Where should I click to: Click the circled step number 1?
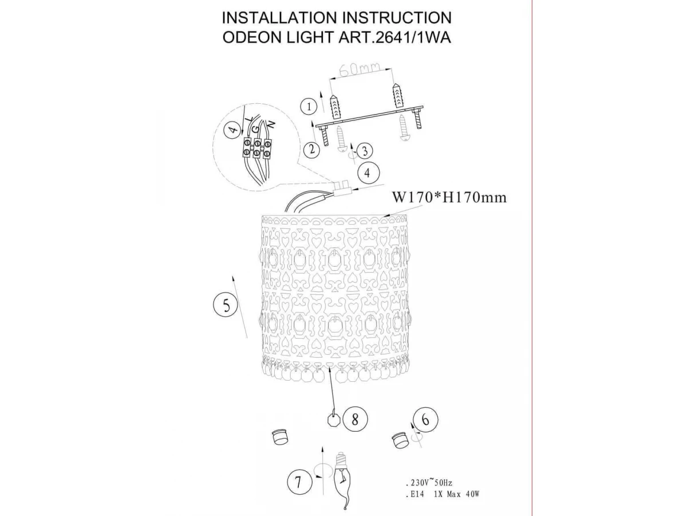point(309,107)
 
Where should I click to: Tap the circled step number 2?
point(313,149)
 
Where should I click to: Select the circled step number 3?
point(364,151)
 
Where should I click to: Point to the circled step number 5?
point(226,304)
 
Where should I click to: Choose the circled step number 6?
point(425,420)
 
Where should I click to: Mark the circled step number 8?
point(355,419)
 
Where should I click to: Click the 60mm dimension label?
point(360,69)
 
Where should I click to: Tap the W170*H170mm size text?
point(449,197)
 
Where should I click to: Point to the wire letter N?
point(271,124)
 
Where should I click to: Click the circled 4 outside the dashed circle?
point(368,173)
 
